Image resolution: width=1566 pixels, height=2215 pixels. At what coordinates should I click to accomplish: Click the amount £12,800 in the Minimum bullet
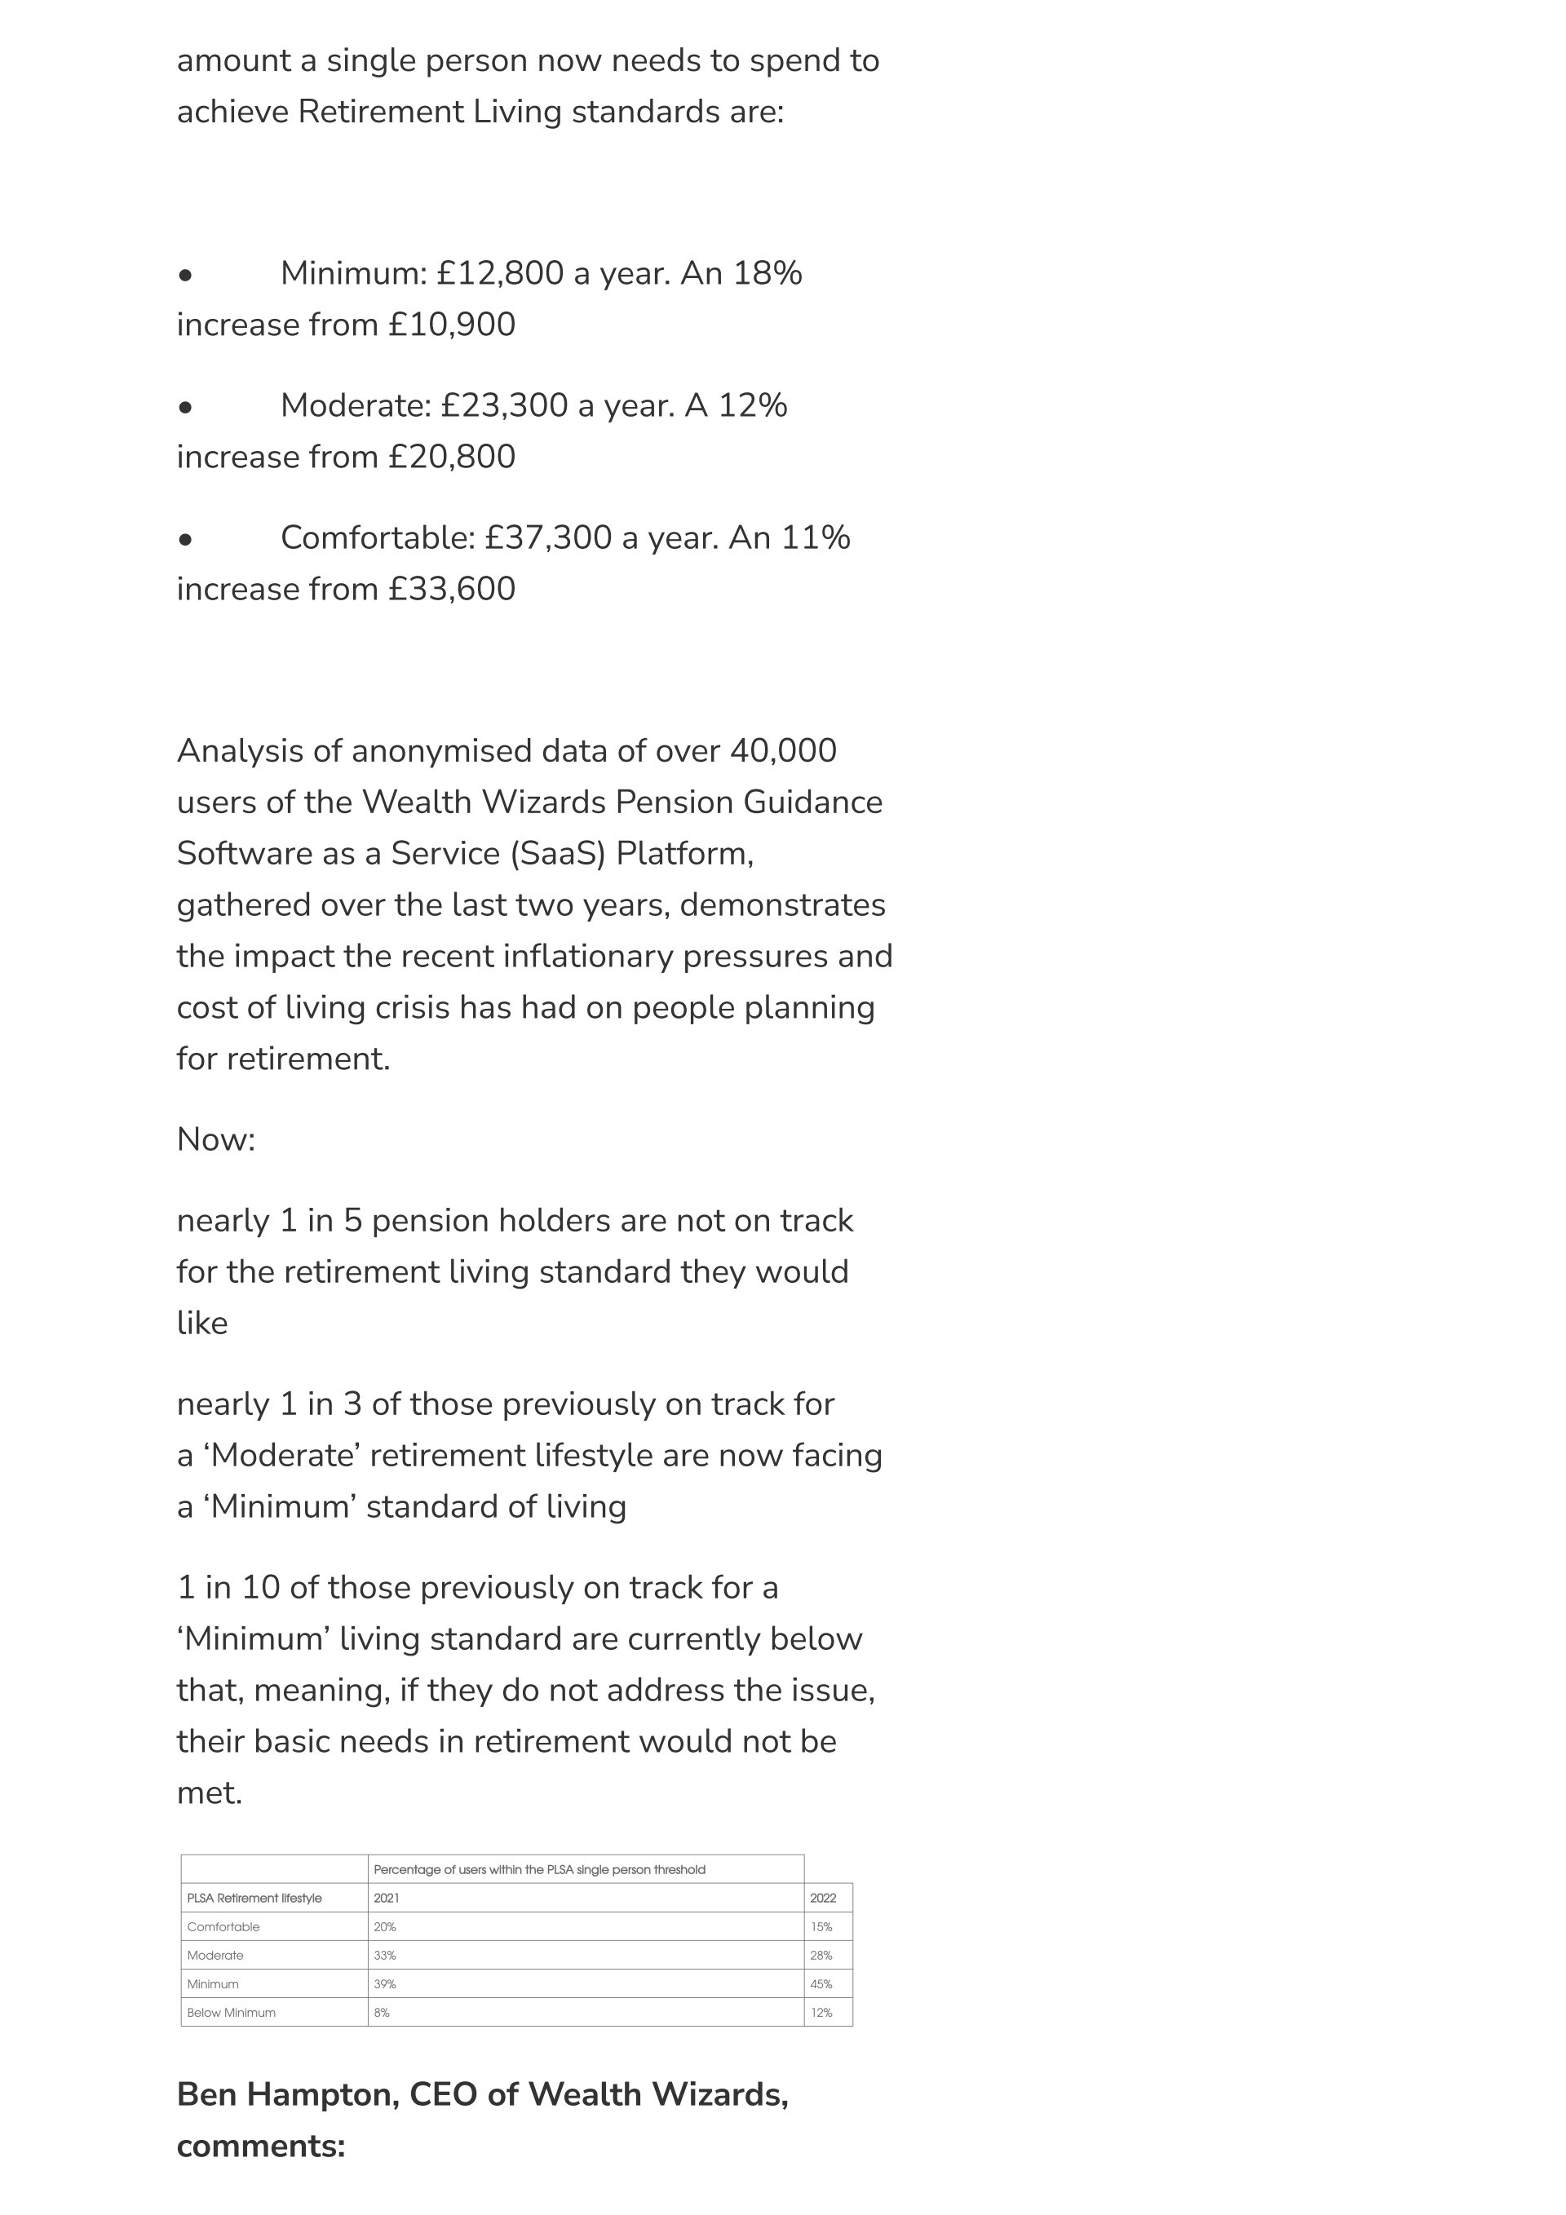pyautogui.click(x=499, y=274)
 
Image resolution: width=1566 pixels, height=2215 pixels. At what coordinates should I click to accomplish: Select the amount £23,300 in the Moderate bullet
pyautogui.click(x=504, y=406)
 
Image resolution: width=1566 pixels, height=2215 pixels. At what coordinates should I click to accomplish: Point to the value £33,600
pyautogui.click(x=452, y=590)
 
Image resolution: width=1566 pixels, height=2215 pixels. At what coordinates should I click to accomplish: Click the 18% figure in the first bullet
pyautogui.click(x=767, y=274)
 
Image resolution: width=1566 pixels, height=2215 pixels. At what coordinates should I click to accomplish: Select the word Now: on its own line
pyautogui.click(x=216, y=1140)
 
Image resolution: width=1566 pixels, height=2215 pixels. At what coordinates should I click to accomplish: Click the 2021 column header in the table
pyautogui.click(x=386, y=1899)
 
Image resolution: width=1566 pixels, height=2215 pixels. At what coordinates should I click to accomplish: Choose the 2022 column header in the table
pyautogui.click(x=823, y=1899)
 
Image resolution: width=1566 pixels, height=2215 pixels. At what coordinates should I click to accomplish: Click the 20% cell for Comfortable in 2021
pyautogui.click(x=385, y=1927)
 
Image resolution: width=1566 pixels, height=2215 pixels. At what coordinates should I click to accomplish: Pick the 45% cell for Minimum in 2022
pyautogui.click(x=822, y=1984)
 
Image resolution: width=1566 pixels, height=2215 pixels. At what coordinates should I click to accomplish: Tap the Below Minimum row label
pyautogui.click(x=232, y=2014)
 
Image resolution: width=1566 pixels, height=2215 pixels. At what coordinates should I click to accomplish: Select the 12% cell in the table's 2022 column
pyautogui.click(x=822, y=2014)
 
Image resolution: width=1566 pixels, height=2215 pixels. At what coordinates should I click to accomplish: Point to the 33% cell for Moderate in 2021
pyautogui.click(x=385, y=1956)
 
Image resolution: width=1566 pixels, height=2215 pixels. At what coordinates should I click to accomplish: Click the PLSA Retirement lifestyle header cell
pyautogui.click(x=254, y=1899)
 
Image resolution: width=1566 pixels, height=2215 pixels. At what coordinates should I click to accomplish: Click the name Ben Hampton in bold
pyautogui.click(x=286, y=2094)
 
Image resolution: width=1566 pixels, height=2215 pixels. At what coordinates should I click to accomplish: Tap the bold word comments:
pyautogui.click(x=260, y=2146)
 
